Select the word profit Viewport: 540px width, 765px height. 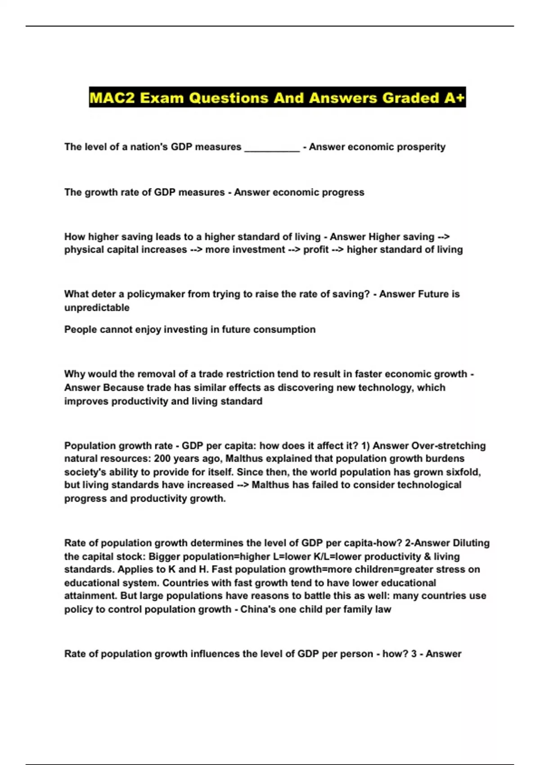pyautogui.click(x=316, y=250)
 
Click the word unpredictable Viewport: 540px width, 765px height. pyautogui.click(x=97, y=308)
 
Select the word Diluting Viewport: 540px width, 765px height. pyautogui.click(x=471, y=543)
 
